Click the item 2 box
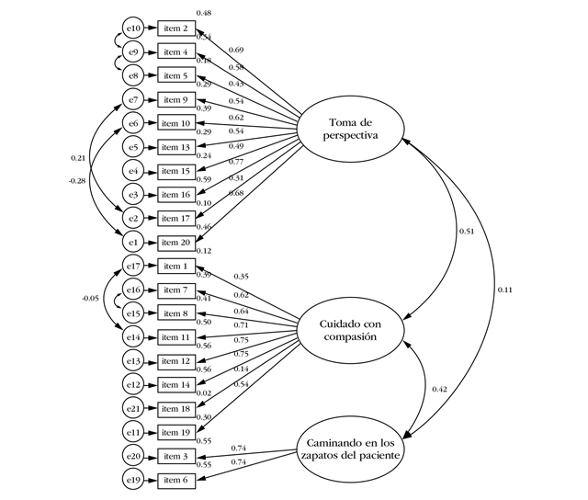[176, 28]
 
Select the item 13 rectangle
[176, 147]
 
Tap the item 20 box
[176, 243]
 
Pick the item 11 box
[176, 337]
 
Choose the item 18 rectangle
[176, 408]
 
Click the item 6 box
[176, 480]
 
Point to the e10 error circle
[133, 28]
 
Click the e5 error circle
[133, 147]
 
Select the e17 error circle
[133, 267]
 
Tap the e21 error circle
[133, 408]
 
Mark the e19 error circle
[133, 480]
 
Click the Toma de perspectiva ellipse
[354, 131]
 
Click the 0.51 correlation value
[467, 232]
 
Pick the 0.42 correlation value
[440, 390]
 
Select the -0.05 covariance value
[90, 298]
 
